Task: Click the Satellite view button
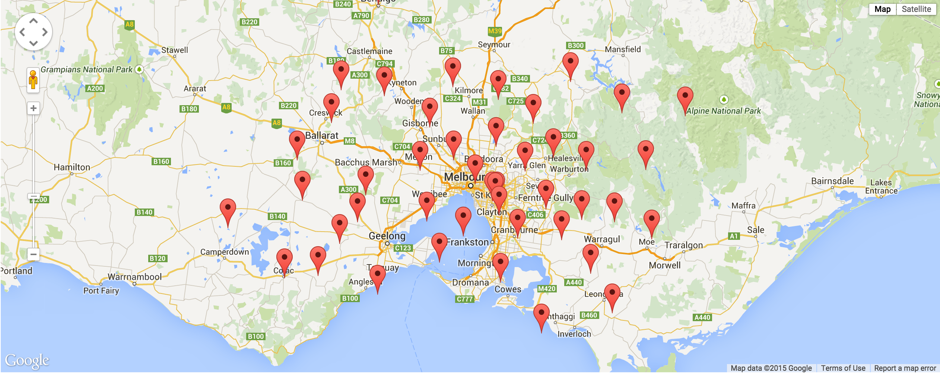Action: click(916, 9)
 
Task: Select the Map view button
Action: click(882, 9)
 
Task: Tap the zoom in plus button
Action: click(34, 108)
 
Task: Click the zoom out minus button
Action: click(34, 254)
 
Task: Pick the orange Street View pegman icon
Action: click(33, 80)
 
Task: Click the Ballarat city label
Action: click(322, 135)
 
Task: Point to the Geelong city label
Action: click(387, 236)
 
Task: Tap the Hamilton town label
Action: click(72, 167)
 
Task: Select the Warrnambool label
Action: click(134, 277)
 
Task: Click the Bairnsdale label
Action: click(832, 181)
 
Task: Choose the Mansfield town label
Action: click(623, 49)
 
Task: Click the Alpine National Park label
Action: click(723, 111)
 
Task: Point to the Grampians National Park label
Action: click(86, 69)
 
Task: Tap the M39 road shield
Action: click(495, 31)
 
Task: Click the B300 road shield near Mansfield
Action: click(575, 46)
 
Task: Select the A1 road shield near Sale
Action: click(733, 236)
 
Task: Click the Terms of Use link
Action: click(843, 368)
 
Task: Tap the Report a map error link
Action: click(905, 368)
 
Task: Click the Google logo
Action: click(27, 360)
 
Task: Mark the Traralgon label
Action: click(683, 245)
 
